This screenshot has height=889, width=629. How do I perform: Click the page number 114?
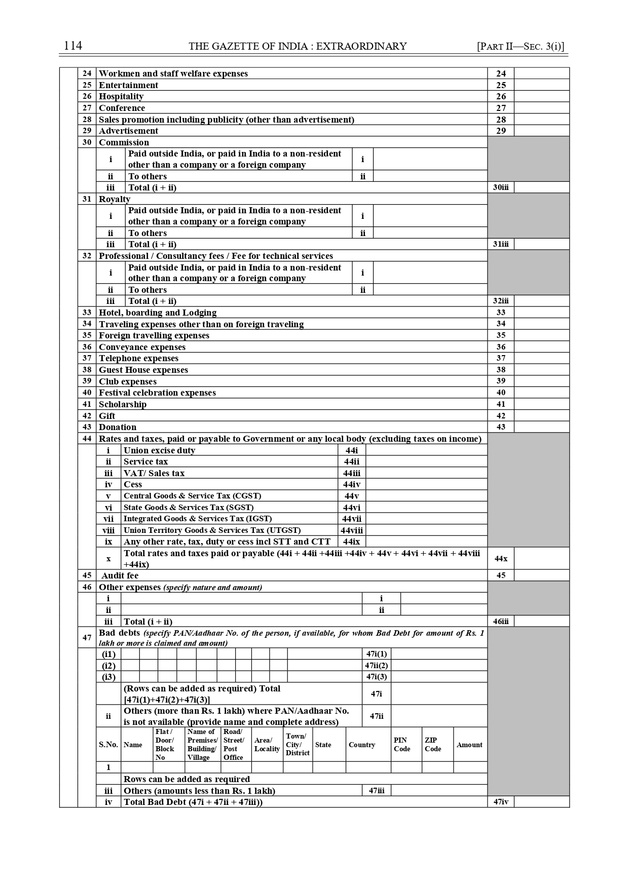pos(73,46)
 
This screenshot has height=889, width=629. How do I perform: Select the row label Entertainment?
pos(128,85)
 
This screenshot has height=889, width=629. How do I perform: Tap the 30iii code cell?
pos(501,187)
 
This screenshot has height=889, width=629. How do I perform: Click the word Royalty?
pos(115,199)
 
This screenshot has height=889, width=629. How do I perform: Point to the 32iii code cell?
pos(501,301)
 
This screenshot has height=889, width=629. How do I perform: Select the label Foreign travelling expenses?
pos(154,335)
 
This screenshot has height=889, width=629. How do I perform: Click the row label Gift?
pos(107,416)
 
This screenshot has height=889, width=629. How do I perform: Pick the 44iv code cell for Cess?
pos(352,484)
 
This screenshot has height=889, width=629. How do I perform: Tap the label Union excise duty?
pos(159,450)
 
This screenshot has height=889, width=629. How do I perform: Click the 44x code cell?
pos(501,559)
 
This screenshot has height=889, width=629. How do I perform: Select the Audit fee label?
pos(120,575)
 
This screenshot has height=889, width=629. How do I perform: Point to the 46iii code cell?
pos(501,622)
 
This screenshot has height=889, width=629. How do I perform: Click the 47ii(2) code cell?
pos(377,666)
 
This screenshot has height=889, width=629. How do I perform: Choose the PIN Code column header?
pos(401,745)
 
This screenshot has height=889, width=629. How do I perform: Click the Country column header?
pos(362,745)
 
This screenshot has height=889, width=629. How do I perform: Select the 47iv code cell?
pos(501,802)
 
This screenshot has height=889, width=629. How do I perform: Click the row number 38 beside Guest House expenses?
pos(87,370)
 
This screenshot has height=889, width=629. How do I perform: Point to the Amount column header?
pos(469,745)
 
